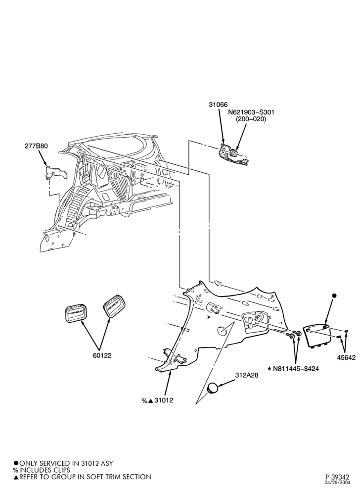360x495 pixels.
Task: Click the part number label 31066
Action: click(218, 104)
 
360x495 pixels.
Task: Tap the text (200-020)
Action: click(251, 119)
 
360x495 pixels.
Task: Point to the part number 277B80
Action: click(36, 146)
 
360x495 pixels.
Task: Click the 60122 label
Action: click(102, 355)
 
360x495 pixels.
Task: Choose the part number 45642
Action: click(346, 358)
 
